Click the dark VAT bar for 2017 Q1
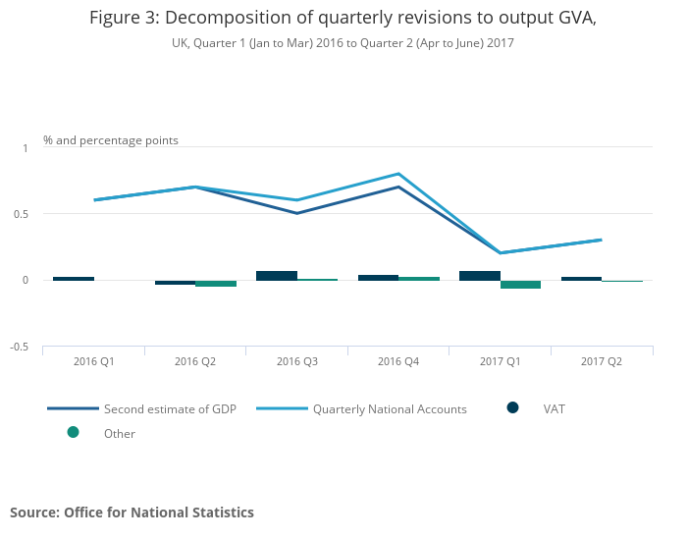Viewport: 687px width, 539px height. [x=480, y=276]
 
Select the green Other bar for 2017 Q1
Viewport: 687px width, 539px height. [x=520, y=285]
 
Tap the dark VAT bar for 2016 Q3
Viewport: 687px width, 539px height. [x=277, y=276]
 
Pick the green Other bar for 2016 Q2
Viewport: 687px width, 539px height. [x=216, y=284]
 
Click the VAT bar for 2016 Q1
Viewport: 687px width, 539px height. [x=74, y=279]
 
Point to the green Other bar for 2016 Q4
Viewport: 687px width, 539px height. [x=419, y=279]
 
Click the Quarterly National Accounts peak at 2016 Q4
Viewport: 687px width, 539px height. [x=398, y=174]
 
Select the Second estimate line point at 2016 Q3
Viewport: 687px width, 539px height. [x=296, y=213]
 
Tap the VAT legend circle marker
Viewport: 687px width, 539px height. [x=512, y=407]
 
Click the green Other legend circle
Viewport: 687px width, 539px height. [x=73, y=432]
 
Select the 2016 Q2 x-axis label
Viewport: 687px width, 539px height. [x=195, y=361]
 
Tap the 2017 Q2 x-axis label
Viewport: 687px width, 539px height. [x=602, y=361]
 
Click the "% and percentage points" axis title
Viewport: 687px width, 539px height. [x=111, y=140]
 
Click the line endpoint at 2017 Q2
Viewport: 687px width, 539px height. [x=601, y=240]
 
